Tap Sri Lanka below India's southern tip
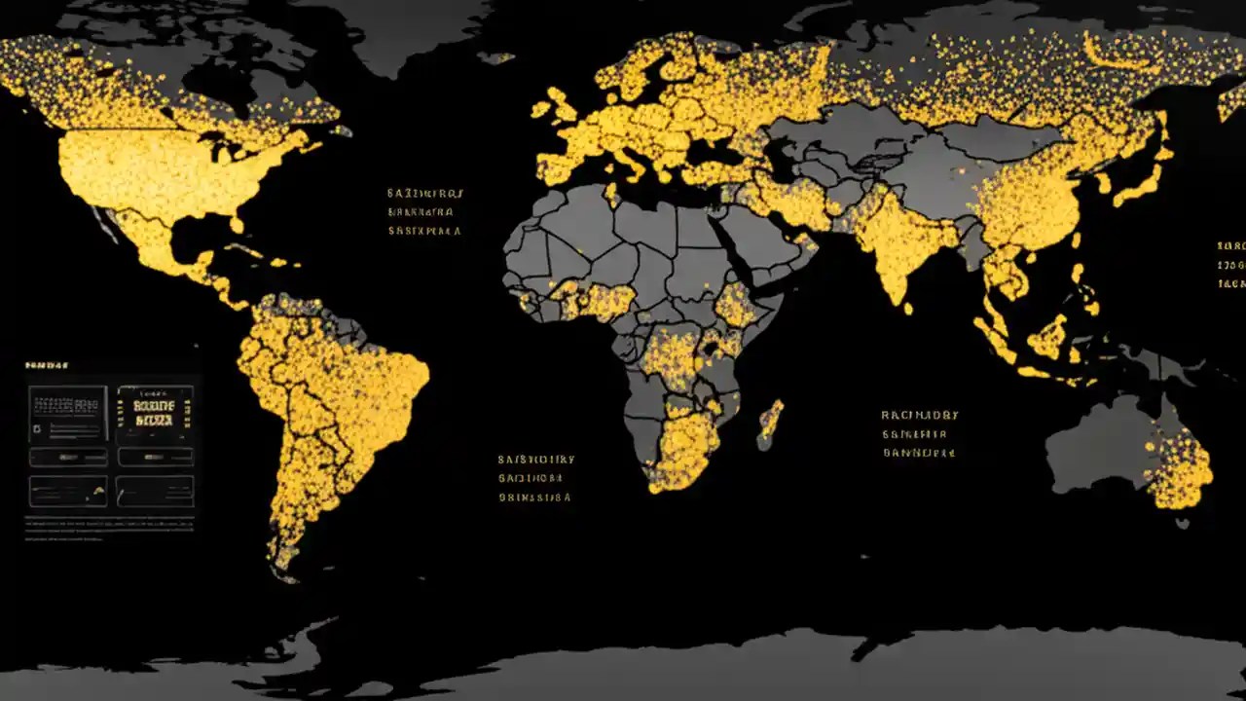pyautogui.click(x=908, y=308)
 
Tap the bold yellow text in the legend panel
pyautogui.click(x=155, y=413)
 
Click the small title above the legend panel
pyautogui.click(x=46, y=366)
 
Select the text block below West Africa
pyautogui.click(x=534, y=477)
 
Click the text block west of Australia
pyautogui.click(x=919, y=433)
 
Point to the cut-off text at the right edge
pyautogui.click(x=1231, y=265)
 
